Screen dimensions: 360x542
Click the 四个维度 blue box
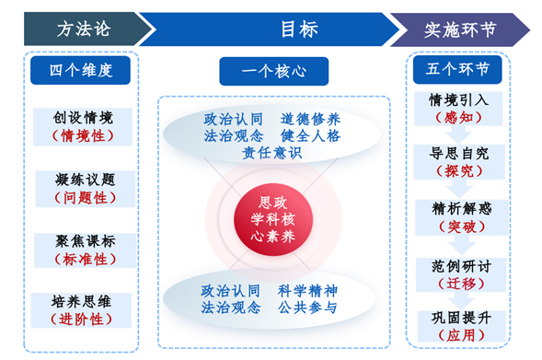(x=83, y=69)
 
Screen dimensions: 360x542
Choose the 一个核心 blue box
(x=273, y=71)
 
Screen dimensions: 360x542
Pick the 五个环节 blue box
(x=457, y=69)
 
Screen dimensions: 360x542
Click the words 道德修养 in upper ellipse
(x=311, y=118)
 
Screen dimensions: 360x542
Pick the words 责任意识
(x=272, y=153)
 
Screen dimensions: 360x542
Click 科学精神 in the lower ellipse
(x=311, y=290)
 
